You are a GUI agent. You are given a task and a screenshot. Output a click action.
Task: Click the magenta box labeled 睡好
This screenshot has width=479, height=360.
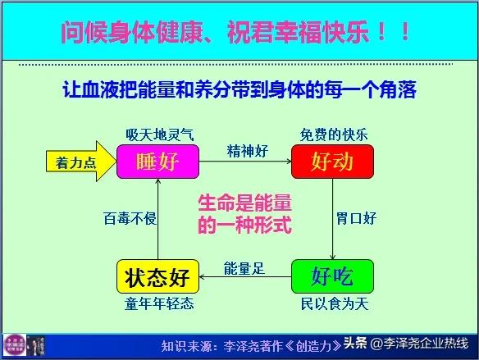tap(158, 162)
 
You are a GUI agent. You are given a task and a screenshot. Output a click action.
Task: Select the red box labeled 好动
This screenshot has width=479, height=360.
tap(332, 162)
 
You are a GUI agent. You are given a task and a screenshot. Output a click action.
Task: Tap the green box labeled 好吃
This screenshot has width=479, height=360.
tap(332, 276)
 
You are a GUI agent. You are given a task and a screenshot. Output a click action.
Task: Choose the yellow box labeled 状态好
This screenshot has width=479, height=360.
tap(158, 276)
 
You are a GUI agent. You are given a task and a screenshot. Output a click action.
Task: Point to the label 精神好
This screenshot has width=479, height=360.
tap(246, 151)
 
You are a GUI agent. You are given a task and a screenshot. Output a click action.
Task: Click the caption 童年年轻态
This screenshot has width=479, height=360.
tap(160, 303)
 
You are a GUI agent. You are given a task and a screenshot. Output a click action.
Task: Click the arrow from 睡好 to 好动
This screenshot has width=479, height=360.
tap(246, 162)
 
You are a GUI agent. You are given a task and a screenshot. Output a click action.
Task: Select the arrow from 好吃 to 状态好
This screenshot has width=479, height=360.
tap(246, 277)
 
